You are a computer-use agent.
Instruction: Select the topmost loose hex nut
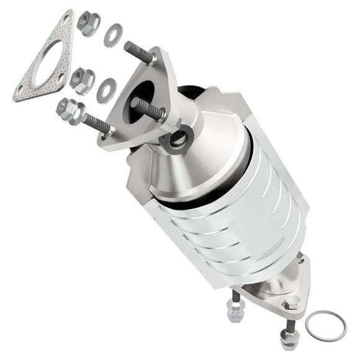click(x=89, y=24)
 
